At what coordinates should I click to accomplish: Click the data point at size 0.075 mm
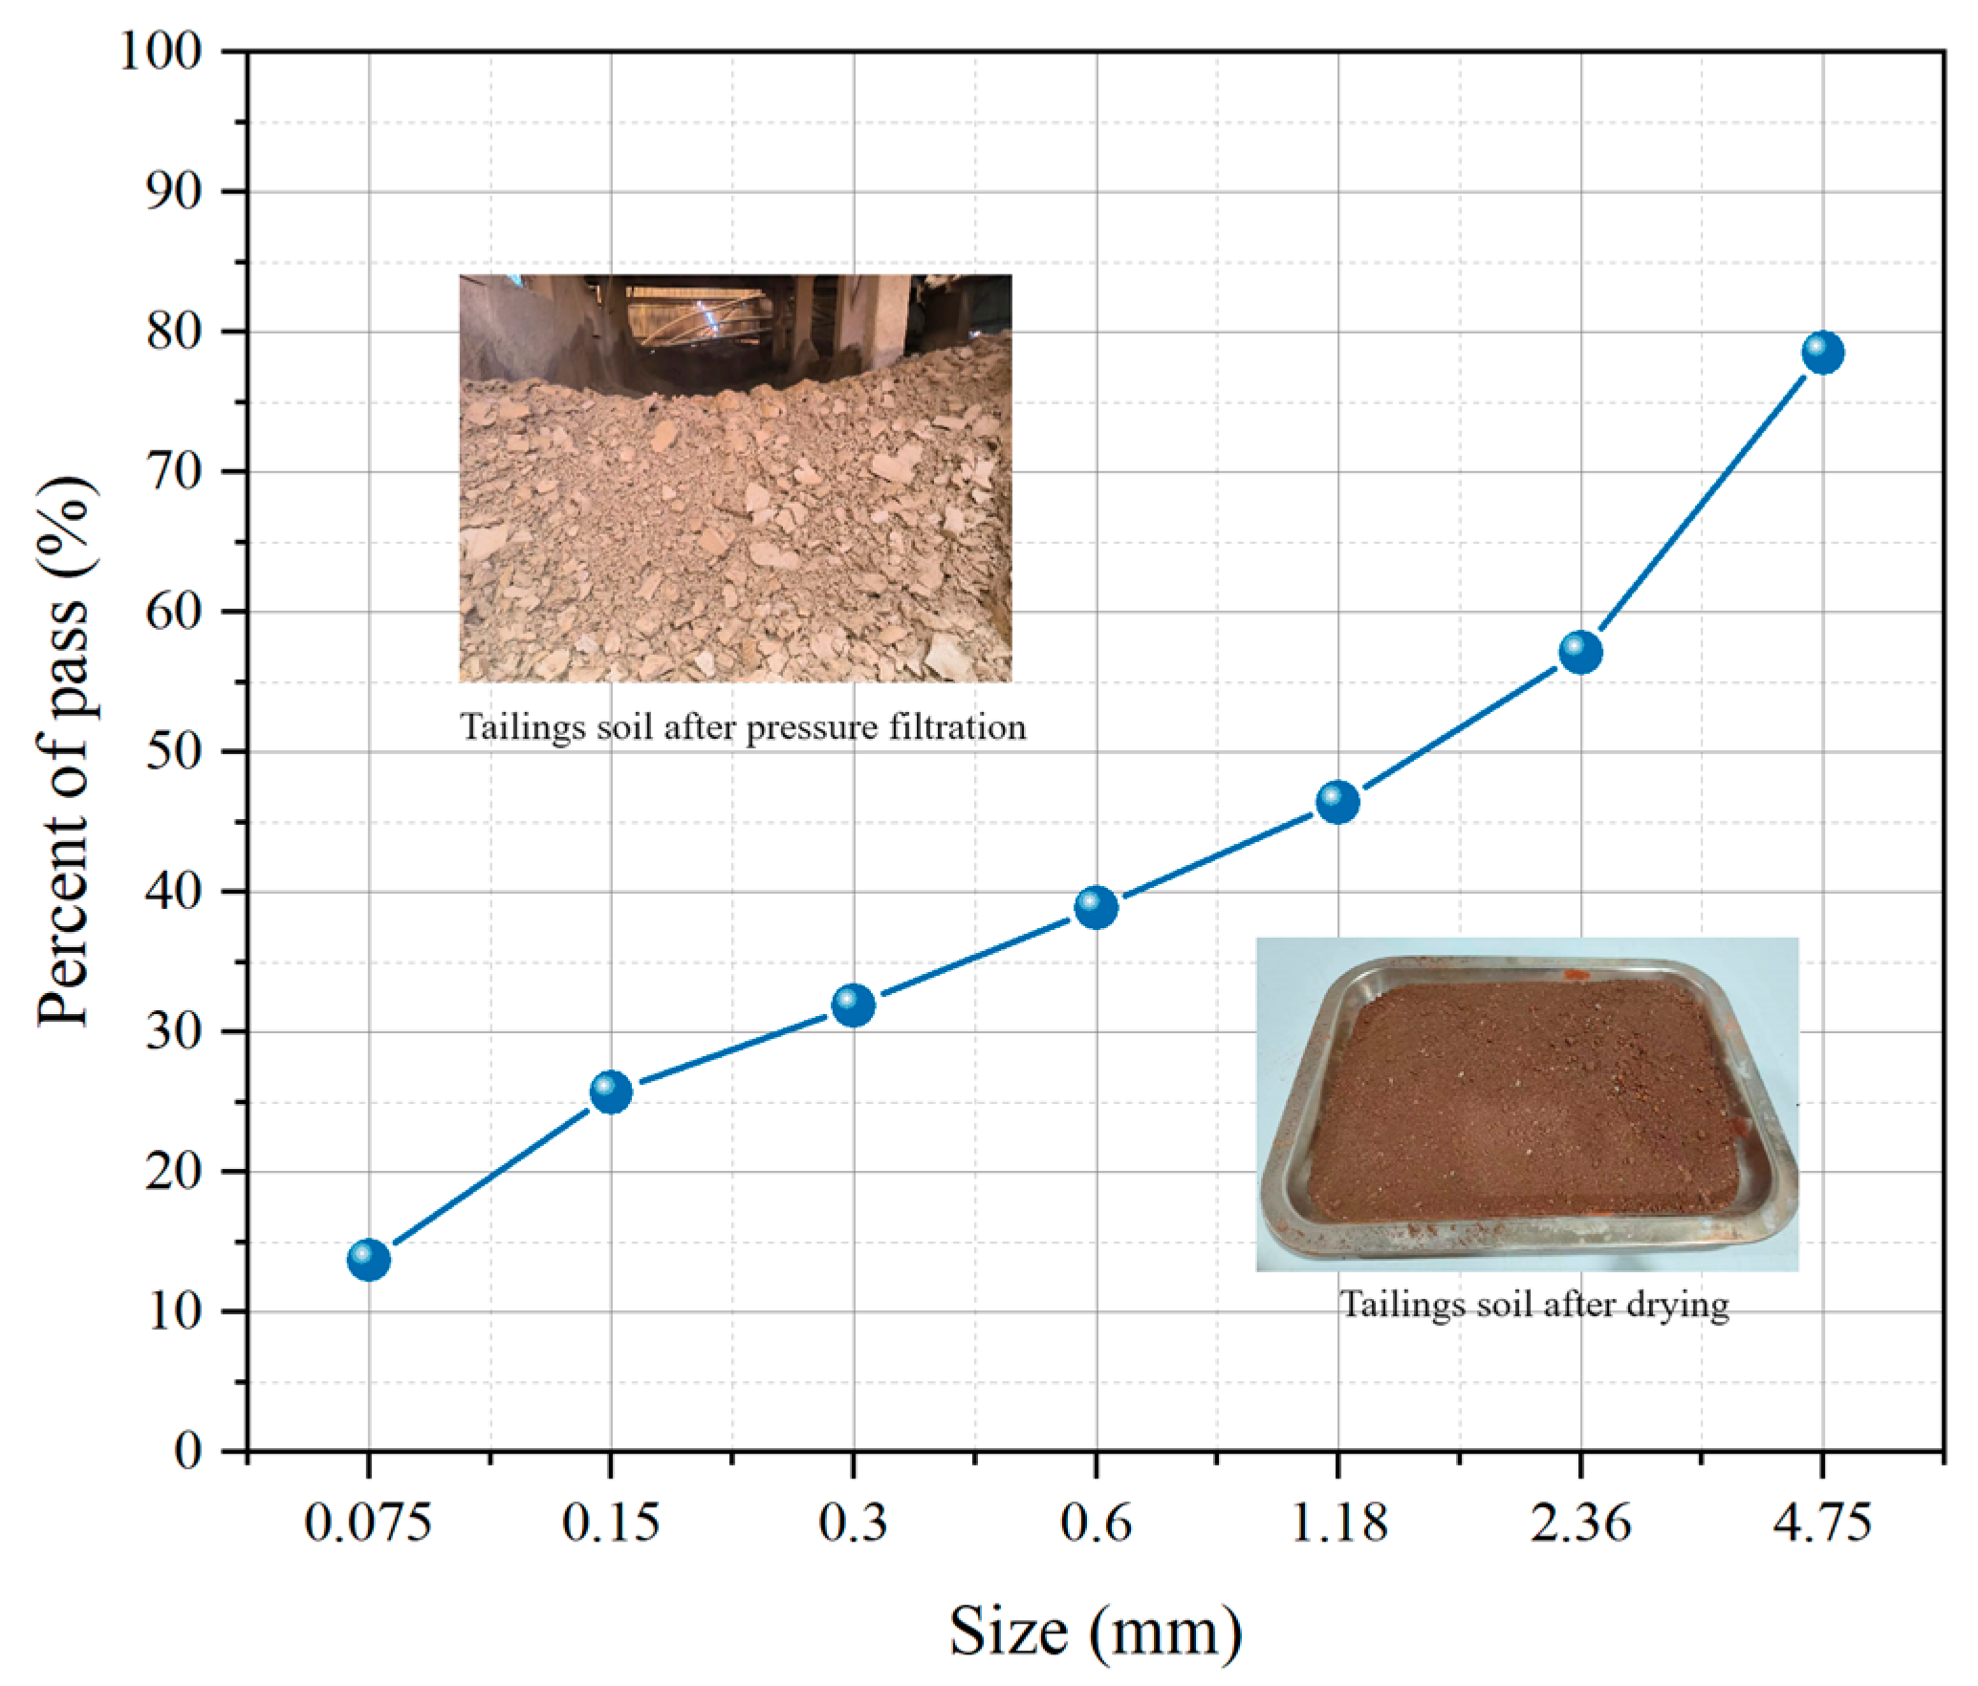(369, 1260)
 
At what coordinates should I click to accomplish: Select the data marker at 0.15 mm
(611, 1092)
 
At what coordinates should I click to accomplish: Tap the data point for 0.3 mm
(854, 1005)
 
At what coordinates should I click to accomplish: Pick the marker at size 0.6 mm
(1097, 906)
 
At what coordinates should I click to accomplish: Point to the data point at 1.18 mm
(1338, 802)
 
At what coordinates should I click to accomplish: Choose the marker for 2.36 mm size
(1580, 652)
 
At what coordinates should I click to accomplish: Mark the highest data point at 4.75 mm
(1823, 353)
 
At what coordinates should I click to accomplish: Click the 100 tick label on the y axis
(161, 52)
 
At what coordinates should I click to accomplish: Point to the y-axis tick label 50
(174, 752)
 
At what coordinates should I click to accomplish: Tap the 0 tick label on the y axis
(188, 1452)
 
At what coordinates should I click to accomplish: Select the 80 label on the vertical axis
(174, 332)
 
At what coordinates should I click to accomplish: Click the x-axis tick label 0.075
(368, 1524)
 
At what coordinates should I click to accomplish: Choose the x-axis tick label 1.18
(1338, 1524)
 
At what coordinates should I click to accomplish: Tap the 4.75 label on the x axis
(1822, 1524)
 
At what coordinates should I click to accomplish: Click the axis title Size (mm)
(1096, 1632)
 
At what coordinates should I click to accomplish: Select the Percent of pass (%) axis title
(65, 752)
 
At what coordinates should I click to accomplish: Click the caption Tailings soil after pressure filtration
(743, 728)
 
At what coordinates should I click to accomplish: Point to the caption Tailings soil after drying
(1533, 1305)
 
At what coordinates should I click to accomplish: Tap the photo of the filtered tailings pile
(735, 478)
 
